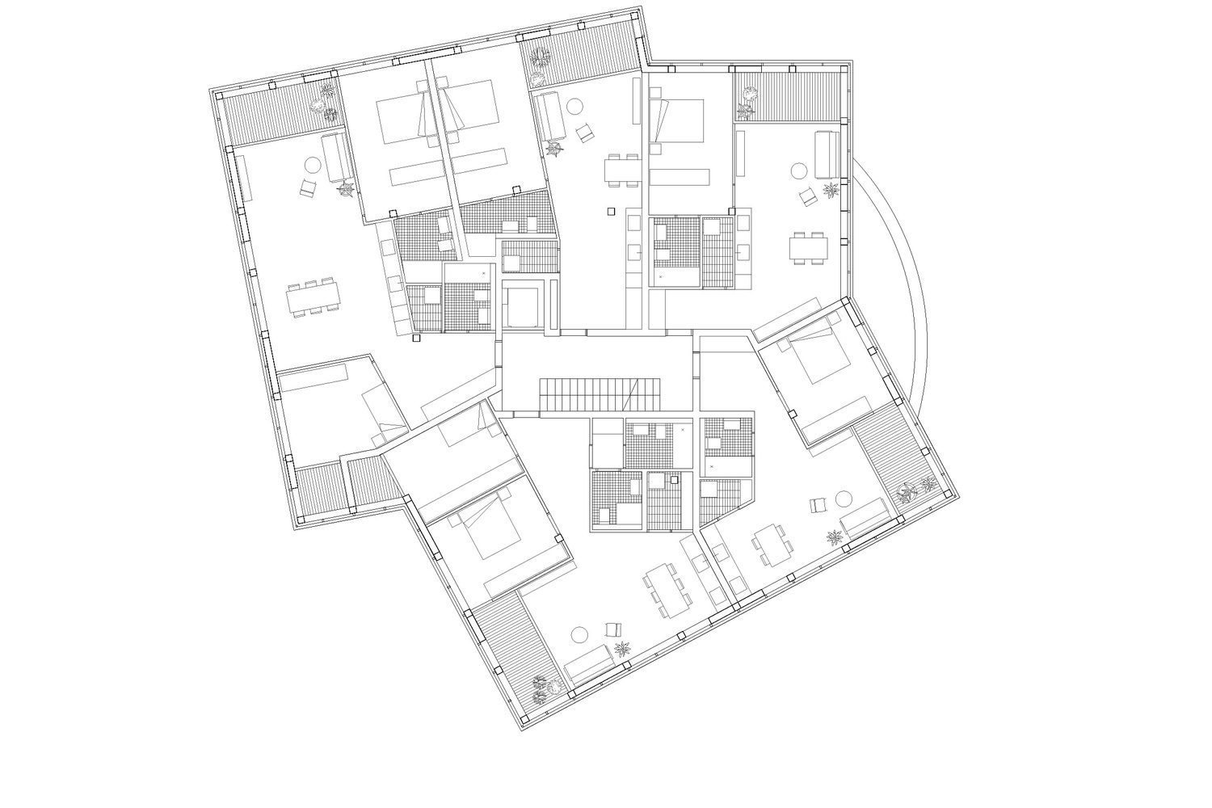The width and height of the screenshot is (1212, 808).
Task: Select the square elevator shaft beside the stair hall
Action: [522, 305]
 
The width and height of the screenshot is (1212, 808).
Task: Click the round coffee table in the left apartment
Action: [311, 166]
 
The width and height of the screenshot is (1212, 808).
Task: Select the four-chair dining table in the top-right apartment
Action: [809, 246]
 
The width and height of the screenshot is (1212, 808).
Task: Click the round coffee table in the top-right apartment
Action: [798, 171]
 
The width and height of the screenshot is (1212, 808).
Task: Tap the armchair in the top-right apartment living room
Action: [806, 196]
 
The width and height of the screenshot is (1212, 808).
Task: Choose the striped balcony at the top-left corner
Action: [275, 121]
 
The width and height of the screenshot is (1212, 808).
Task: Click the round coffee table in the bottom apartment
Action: [579, 634]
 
